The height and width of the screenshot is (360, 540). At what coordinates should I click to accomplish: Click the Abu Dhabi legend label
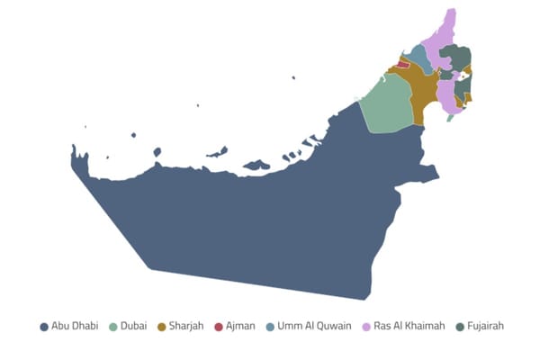coord(75,326)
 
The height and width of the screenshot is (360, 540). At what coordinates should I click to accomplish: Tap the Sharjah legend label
coord(186,326)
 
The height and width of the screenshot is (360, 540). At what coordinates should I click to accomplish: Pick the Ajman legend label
coord(240,326)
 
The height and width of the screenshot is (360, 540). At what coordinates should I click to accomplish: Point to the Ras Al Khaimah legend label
coord(409,326)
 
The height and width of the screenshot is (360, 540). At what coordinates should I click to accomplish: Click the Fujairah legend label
coord(486,326)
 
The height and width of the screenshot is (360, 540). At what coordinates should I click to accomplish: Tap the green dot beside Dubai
coord(113,326)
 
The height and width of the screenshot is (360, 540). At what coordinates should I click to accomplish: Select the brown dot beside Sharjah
coord(161,326)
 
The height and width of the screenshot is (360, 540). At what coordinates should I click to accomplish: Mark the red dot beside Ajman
coord(219,326)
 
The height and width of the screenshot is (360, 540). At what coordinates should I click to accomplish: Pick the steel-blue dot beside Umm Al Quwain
coord(271,326)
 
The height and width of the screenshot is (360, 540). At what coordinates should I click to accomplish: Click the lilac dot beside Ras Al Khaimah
coord(366,326)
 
